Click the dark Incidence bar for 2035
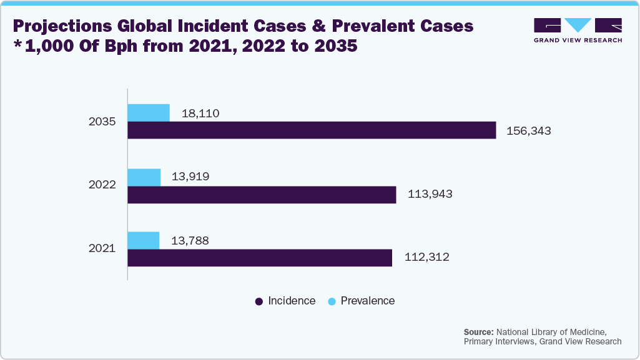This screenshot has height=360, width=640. coord(312,130)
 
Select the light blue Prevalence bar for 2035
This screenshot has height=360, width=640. coord(149,113)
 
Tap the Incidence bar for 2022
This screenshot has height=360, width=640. coord(262,195)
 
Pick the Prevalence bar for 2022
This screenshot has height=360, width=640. coord(144,177)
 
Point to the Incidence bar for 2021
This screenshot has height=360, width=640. coord(260,258)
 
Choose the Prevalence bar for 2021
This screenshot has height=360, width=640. coord(144,241)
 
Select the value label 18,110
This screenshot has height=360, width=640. coord(200,114)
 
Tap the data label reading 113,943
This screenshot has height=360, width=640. coord(430,195)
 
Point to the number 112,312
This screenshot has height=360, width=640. coord(426,257)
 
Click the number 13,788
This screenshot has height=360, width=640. coord(190,241)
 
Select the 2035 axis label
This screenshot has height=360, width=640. coord(102,122)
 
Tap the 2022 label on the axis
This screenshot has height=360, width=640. coord(102,186)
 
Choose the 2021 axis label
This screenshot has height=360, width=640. coord(102,249)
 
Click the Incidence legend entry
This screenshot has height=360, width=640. coord(285,301)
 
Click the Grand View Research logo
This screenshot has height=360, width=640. coord(578,31)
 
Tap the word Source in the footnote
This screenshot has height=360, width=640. coord(478,331)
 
